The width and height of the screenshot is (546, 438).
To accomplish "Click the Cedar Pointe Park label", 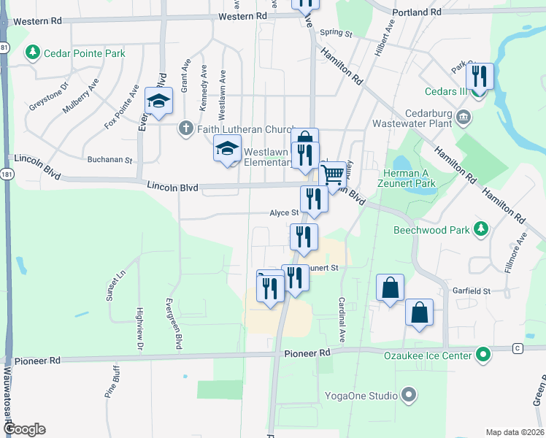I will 84,53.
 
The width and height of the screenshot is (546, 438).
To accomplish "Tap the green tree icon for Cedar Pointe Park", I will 32,53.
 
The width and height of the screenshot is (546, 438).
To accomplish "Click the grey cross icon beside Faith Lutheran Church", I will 186,129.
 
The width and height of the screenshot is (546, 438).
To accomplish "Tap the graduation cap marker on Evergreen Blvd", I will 158,103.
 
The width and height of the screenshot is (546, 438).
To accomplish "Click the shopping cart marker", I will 332,176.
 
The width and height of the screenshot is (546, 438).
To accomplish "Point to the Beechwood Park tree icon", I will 480,229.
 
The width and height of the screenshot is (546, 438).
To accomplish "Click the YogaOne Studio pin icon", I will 409,396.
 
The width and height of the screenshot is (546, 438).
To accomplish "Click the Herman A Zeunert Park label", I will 410,178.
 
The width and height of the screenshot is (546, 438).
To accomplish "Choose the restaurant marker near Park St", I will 479,76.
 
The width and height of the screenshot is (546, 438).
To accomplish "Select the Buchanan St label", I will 109,159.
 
